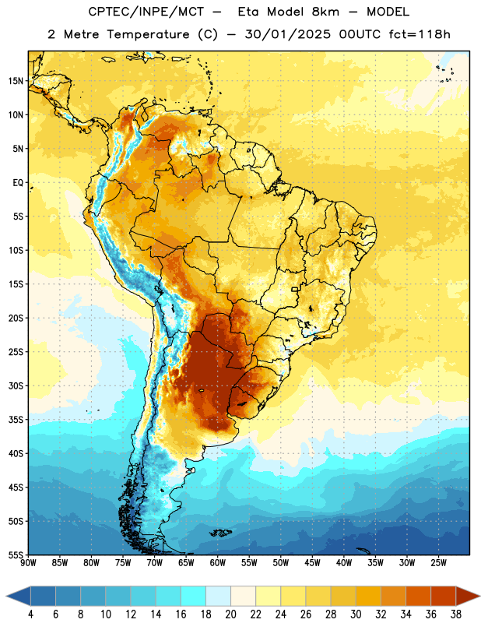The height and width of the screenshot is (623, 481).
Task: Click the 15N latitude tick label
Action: click(x=16, y=81)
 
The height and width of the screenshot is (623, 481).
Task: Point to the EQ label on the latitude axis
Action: click(x=18, y=183)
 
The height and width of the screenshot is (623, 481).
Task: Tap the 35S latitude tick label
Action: click(x=16, y=420)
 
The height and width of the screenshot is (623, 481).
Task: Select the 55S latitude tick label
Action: click(x=16, y=555)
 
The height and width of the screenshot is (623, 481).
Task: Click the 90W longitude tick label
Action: click(x=28, y=563)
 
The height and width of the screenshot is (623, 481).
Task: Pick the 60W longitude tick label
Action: click(x=218, y=563)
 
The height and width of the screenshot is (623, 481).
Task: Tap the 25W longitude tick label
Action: click(x=438, y=563)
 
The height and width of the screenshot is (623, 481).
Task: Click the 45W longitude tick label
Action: click(x=312, y=563)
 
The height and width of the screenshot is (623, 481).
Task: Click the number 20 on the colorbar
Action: click(x=230, y=614)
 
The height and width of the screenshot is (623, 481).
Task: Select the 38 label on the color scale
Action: click(x=456, y=614)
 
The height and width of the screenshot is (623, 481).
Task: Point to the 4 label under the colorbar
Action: click(x=30, y=614)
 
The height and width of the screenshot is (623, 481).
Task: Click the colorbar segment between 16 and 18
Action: click(x=193, y=596)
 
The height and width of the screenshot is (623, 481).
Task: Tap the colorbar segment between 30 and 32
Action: click(x=368, y=596)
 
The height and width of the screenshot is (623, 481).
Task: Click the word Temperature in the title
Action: click(x=148, y=34)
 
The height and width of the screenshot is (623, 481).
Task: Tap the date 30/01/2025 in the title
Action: click(x=287, y=34)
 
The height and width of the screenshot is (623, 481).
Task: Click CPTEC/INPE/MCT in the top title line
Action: click(x=146, y=12)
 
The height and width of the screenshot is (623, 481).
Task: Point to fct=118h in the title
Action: click(x=420, y=34)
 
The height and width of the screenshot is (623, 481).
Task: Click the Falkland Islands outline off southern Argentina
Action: click(x=220, y=533)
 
